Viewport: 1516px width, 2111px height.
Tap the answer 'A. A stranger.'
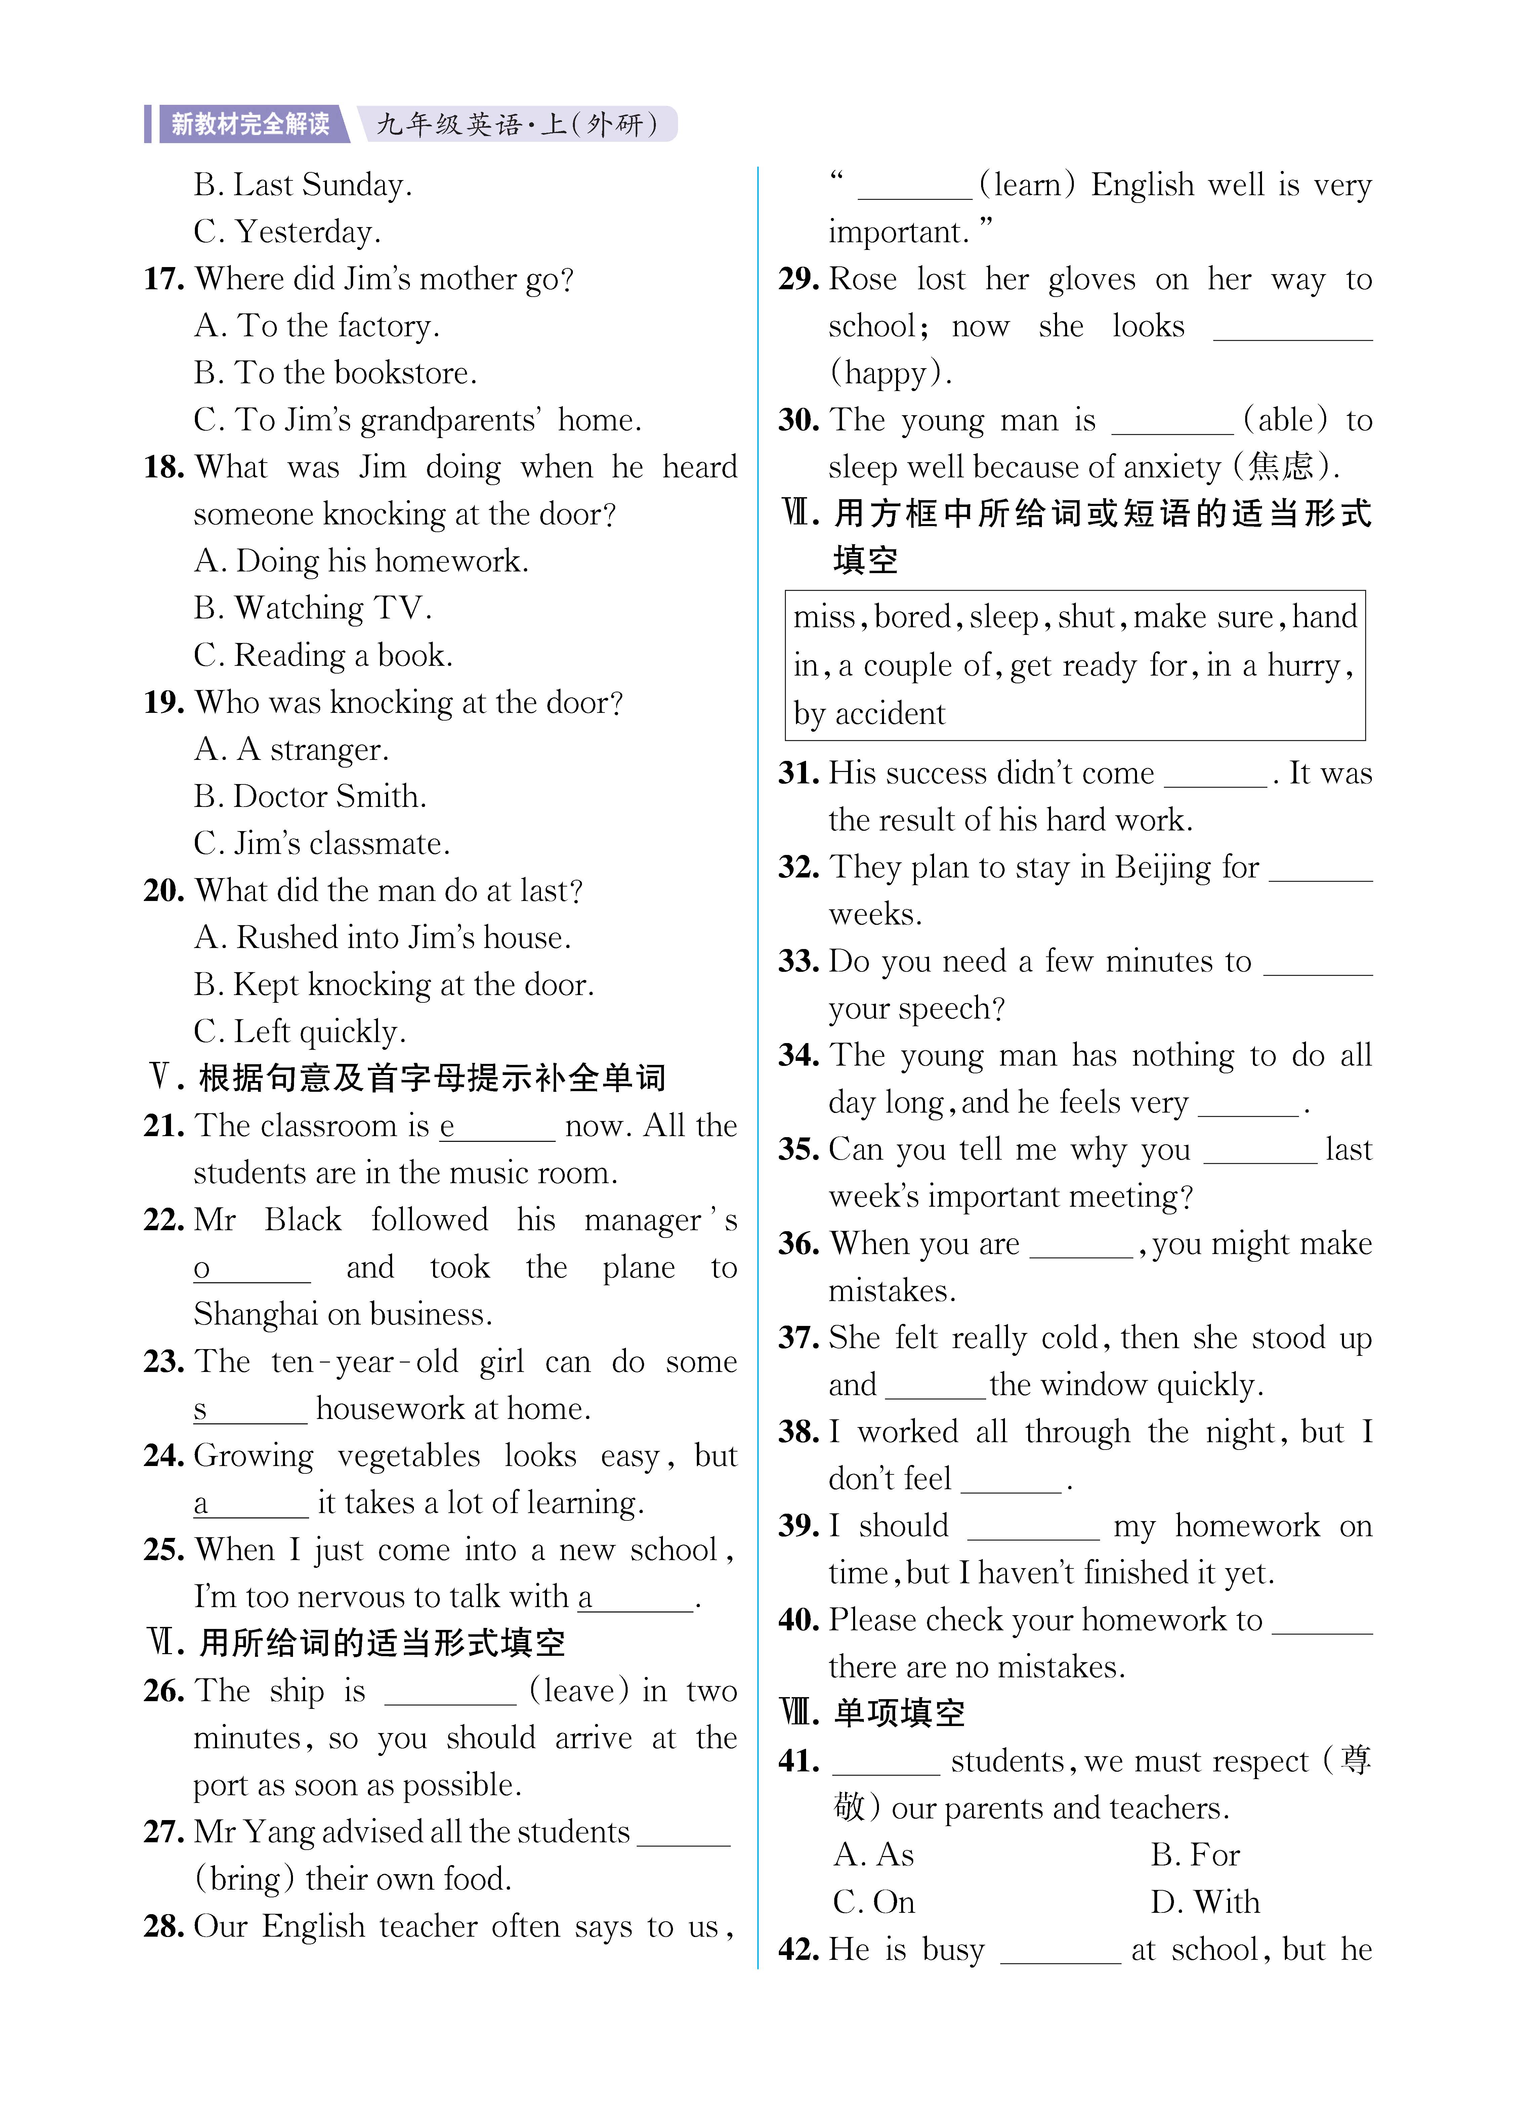click(x=291, y=749)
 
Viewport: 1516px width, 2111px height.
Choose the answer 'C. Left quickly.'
click(x=300, y=1031)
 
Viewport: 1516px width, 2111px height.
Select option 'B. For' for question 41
click(x=1195, y=1855)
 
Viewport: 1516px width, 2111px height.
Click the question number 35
click(x=798, y=1150)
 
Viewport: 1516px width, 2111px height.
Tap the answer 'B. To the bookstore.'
click(x=335, y=373)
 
